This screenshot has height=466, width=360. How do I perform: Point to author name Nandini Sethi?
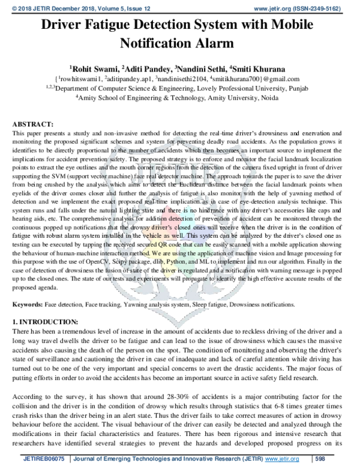203,68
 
